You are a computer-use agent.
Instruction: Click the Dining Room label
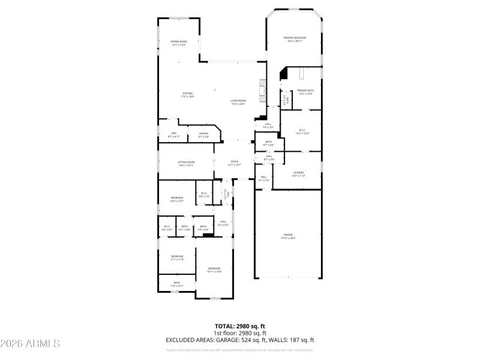coord(179,43)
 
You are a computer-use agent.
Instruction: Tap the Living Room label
coord(238,102)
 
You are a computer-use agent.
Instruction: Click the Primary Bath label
coord(305,92)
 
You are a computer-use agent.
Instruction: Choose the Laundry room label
coord(298,174)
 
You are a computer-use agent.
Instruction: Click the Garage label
coord(288,236)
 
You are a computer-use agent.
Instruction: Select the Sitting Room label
coord(186,163)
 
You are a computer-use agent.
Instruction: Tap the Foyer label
coord(234,163)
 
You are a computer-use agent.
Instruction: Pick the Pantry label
coord(204,136)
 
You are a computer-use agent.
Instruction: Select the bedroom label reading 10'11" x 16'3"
coord(214,269)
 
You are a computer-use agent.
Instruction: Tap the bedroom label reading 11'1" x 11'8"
coord(176,258)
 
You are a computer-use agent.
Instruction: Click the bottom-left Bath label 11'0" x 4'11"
coord(176,284)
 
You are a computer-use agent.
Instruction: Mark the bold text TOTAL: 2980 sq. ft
coord(239,326)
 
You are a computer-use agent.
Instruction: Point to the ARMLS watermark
coord(30,344)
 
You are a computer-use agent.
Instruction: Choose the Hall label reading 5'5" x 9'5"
coord(223,223)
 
